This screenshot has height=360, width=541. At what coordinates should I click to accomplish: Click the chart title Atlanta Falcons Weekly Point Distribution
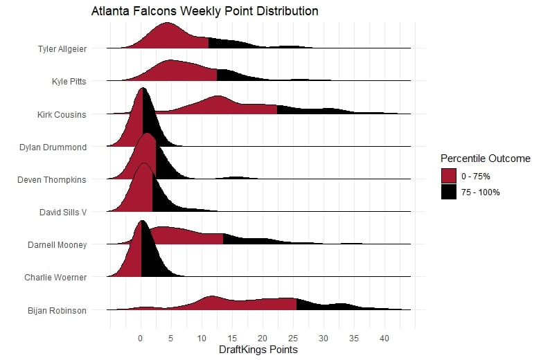(204, 12)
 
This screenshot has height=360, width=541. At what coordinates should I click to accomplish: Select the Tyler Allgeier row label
(62, 49)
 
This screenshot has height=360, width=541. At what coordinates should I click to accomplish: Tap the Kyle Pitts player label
(69, 82)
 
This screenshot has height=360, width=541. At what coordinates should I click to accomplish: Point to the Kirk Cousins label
(62, 114)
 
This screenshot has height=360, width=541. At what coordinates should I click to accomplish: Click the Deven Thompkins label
(52, 179)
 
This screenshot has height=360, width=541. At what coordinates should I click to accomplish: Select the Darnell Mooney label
(57, 244)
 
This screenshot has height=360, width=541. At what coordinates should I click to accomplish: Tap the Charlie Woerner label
(55, 278)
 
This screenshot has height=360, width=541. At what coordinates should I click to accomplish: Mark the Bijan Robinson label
(57, 310)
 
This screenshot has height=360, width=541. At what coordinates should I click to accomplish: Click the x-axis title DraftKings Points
(258, 350)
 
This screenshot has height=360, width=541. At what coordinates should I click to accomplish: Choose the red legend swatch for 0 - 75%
(450, 176)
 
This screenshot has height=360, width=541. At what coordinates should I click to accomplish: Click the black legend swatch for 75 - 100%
(450, 192)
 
